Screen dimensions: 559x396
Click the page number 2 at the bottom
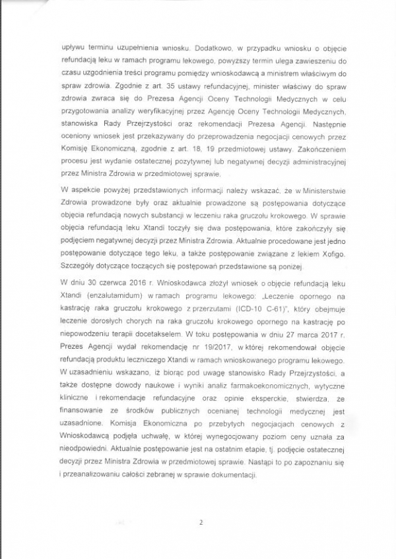click(x=199, y=523)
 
